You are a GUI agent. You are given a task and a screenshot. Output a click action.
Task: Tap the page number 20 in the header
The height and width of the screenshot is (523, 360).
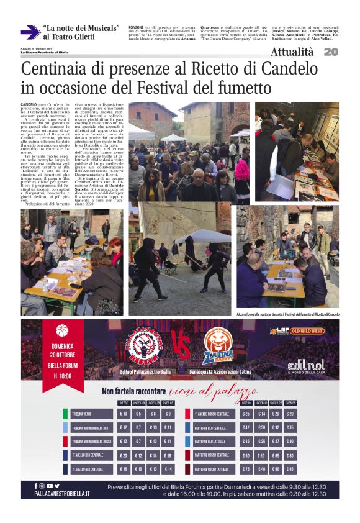tap(331, 52)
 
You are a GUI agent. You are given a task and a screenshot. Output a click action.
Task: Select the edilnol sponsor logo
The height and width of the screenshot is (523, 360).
tap(306, 365)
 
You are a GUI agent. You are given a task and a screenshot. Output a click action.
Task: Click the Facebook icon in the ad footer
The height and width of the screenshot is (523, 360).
tap(36, 486)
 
